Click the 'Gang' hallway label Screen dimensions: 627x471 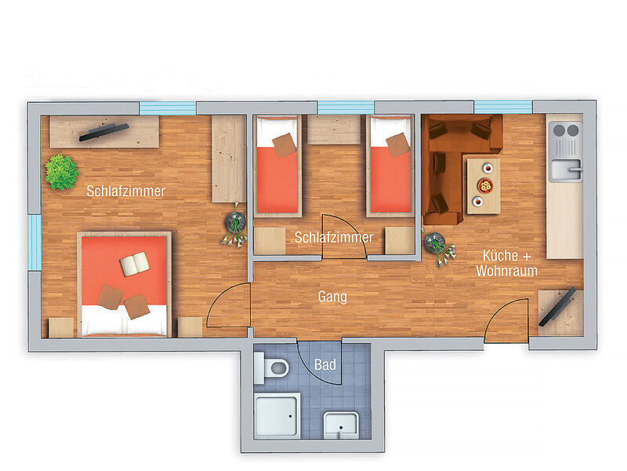pos(332,298)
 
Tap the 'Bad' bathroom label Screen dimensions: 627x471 pos(325,364)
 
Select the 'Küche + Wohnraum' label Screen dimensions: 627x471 pos(506,263)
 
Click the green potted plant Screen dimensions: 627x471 pos(61,172)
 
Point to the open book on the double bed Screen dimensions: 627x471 pos(135,264)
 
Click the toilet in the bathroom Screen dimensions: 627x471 pos(271,367)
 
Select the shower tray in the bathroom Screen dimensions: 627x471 pos(277,415)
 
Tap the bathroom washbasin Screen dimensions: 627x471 pos(341,425)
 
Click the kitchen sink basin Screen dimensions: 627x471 pos(565,170)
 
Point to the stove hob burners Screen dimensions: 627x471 pos(566,130)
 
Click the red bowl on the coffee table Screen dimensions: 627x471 pos(484,186)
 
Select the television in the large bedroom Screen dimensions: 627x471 pos(104,132)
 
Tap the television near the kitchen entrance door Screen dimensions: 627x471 pos(557,306)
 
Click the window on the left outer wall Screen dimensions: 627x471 pos(34,243)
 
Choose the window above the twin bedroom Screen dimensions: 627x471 pos(346,107)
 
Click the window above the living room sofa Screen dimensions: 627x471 pos(503,107)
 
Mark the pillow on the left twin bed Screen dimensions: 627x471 pos(285,144)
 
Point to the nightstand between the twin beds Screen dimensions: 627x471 pos(334,130)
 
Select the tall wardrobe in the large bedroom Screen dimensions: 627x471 pos(229,159)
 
